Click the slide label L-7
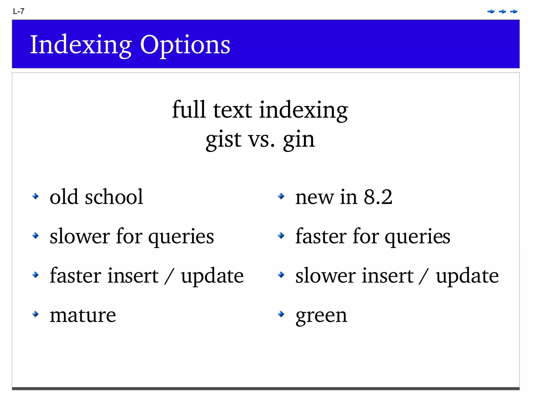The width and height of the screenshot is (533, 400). pyautogui.click(x=19, y=11)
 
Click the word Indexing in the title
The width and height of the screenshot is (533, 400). pyautogui.click(x=81, y=45)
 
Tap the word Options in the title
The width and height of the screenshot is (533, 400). pyautogui.click(x=185, y=45)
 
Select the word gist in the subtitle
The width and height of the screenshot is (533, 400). pyautogui.click(x=224, y=139)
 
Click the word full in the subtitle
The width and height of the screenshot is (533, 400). pyautogui.click(x=189, y=109)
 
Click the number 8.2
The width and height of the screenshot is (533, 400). pyautogui.click(x=378, y=197)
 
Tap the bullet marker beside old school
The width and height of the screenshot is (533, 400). pyautogui.click(x=35, y=196)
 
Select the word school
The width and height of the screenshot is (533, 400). pyautogui.click(x=114, y=197)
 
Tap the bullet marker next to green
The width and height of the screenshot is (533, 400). pyautogui.click(x=281, y=314)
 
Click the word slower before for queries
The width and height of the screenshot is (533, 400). pyautogui.click(x=80, y=236)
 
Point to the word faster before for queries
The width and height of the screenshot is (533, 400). pyautogui.click(x=321, y=236)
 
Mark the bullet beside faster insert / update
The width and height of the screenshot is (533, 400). pyautogui.click(x=35, y=275)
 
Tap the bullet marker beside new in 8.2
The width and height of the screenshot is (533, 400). pyautogui.click(x=281, y=196)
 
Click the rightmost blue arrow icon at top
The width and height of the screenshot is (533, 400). pyautogui.click(x=514, y=11)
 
